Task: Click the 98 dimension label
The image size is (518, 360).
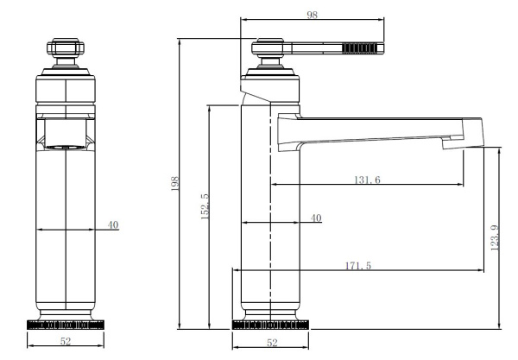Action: pyautogui.click(x=313, y=15)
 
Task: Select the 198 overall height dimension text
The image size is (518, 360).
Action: pyautogui.click(x=174, y=184)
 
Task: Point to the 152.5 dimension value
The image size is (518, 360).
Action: pyautogui.click(x=205, y=206)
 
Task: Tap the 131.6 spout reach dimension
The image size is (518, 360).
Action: pyautogui.click(x=368, y=180)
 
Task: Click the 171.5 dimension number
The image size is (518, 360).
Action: pyautogui.click(x=358, y=265)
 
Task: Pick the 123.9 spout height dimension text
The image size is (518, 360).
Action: pyautogui.click(x=495, y=237)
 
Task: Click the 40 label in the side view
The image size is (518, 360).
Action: pyautogui.click(x=316, y=218)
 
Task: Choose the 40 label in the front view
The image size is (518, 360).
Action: pyautogui.click(x=113, y=225)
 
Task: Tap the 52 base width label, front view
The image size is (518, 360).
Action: pyautogui.click(x=66, y=341)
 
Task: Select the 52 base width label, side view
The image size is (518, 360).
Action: pyautogui.click(x=272, y=343)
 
